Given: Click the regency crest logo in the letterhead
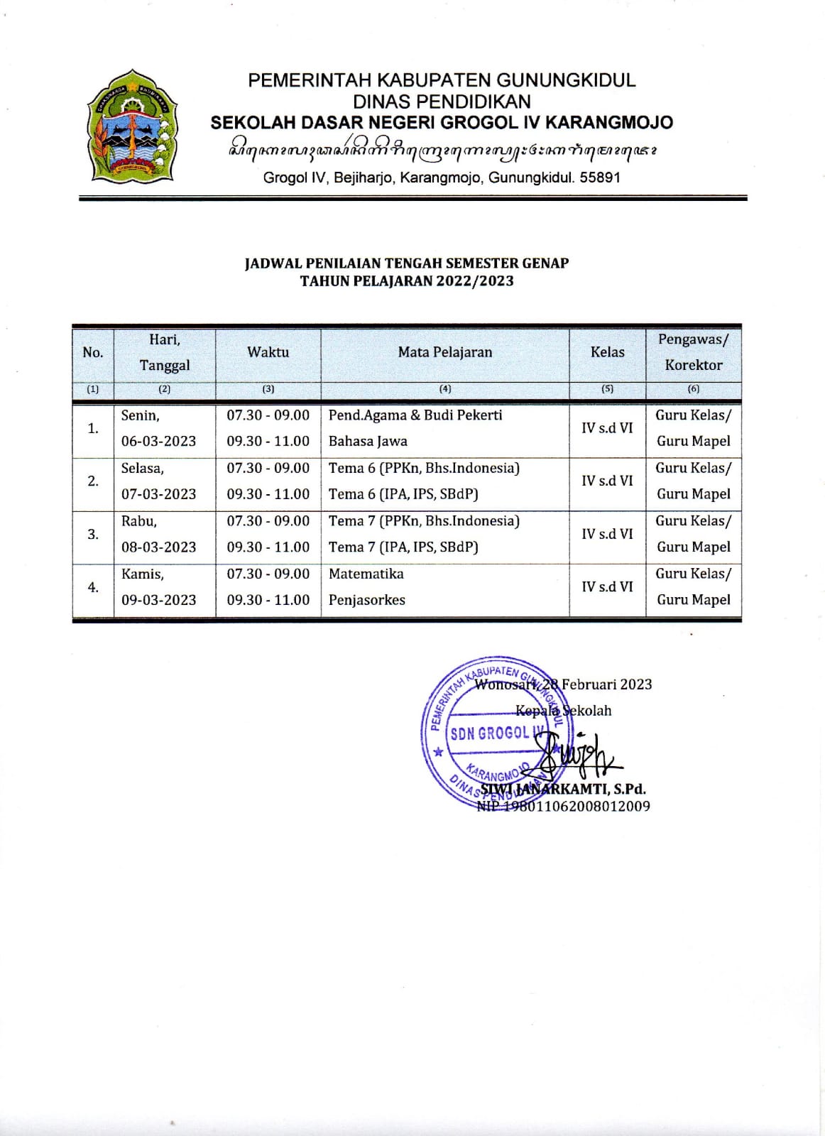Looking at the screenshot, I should click(x=131, y=126).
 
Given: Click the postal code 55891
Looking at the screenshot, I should click(x=600, y=177).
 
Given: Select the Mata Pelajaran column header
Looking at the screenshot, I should click(x=444, y=352).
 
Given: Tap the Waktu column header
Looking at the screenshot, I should click(x=268, y=352).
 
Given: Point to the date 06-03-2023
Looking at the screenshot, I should click(x=158, y=441).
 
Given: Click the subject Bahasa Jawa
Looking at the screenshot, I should click(x=368, y=441).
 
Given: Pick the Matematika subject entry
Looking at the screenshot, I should click(x=366, y=574).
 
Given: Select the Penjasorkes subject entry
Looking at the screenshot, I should click(x=366, y=600).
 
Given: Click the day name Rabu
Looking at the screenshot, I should click(x=138, y=521).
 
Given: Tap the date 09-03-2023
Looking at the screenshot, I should click(x=158, y=600).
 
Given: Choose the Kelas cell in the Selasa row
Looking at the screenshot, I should click(x=607, y=481).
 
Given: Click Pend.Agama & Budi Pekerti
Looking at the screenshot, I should click(x=415, y=415).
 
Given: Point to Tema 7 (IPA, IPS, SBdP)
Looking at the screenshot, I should click(x=403, y=547).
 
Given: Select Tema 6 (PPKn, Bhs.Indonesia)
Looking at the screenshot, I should click(x=424, y=468).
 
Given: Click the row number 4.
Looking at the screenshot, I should click(x=93, y=587).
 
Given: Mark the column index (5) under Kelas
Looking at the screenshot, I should click(x=607, y=389).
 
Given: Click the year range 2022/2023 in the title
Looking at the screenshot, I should click(x=474, y=280).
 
